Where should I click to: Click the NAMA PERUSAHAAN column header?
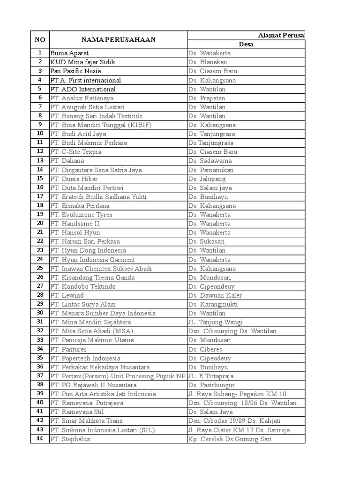[118, 40]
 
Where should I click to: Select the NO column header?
[40, 40]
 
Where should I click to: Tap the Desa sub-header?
[246, 45]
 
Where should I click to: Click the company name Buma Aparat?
[69, 53]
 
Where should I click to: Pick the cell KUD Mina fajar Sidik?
[82, 62]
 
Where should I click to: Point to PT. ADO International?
[82, 89]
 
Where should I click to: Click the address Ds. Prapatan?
[207, 98]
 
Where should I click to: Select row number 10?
[40, 134]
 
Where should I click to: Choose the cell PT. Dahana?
[67, 161]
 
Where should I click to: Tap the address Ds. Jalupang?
[207, 179]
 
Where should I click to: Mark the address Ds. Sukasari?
[206, 241]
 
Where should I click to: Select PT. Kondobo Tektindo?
[82, 286]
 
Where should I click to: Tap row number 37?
[40, 376]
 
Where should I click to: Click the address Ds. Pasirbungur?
[211, 385]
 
